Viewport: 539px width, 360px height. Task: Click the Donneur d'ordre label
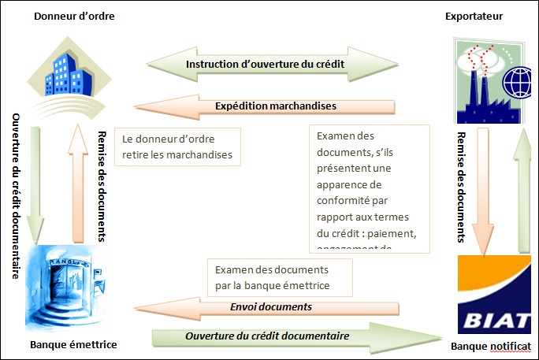click(69, 17)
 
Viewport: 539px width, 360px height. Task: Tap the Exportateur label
click(474, 17)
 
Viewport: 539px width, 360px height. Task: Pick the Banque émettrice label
click(73, 345)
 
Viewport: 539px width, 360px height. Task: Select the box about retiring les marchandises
click(177, 147)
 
